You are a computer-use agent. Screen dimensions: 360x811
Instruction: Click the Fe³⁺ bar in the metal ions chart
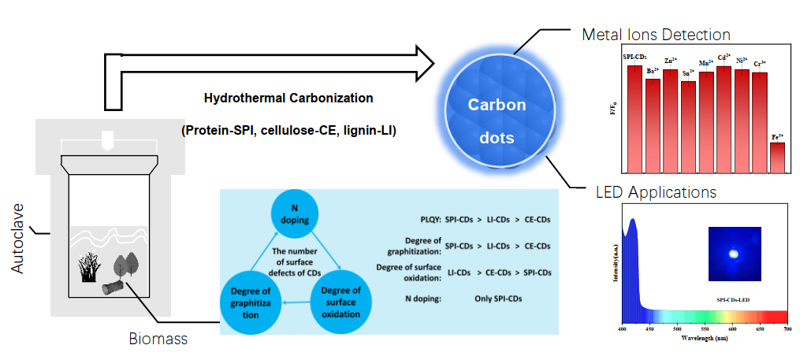point(777,156)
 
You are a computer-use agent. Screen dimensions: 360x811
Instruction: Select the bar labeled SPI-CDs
point(634,118)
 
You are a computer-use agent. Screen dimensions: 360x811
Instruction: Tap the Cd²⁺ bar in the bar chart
point(724,118)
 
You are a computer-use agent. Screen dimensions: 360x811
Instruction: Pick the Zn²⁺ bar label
point(670,61)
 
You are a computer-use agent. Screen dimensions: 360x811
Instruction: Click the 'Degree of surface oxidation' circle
point(341,302)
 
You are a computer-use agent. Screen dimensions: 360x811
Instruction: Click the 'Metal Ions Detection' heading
point(656,35)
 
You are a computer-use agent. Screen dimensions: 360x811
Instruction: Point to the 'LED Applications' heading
point(656,192)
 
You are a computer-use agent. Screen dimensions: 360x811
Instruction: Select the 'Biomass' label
point(158,340)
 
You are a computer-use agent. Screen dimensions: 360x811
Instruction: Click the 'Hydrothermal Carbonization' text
point(288,98)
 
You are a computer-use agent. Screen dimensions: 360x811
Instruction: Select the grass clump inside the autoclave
point(89,269)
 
